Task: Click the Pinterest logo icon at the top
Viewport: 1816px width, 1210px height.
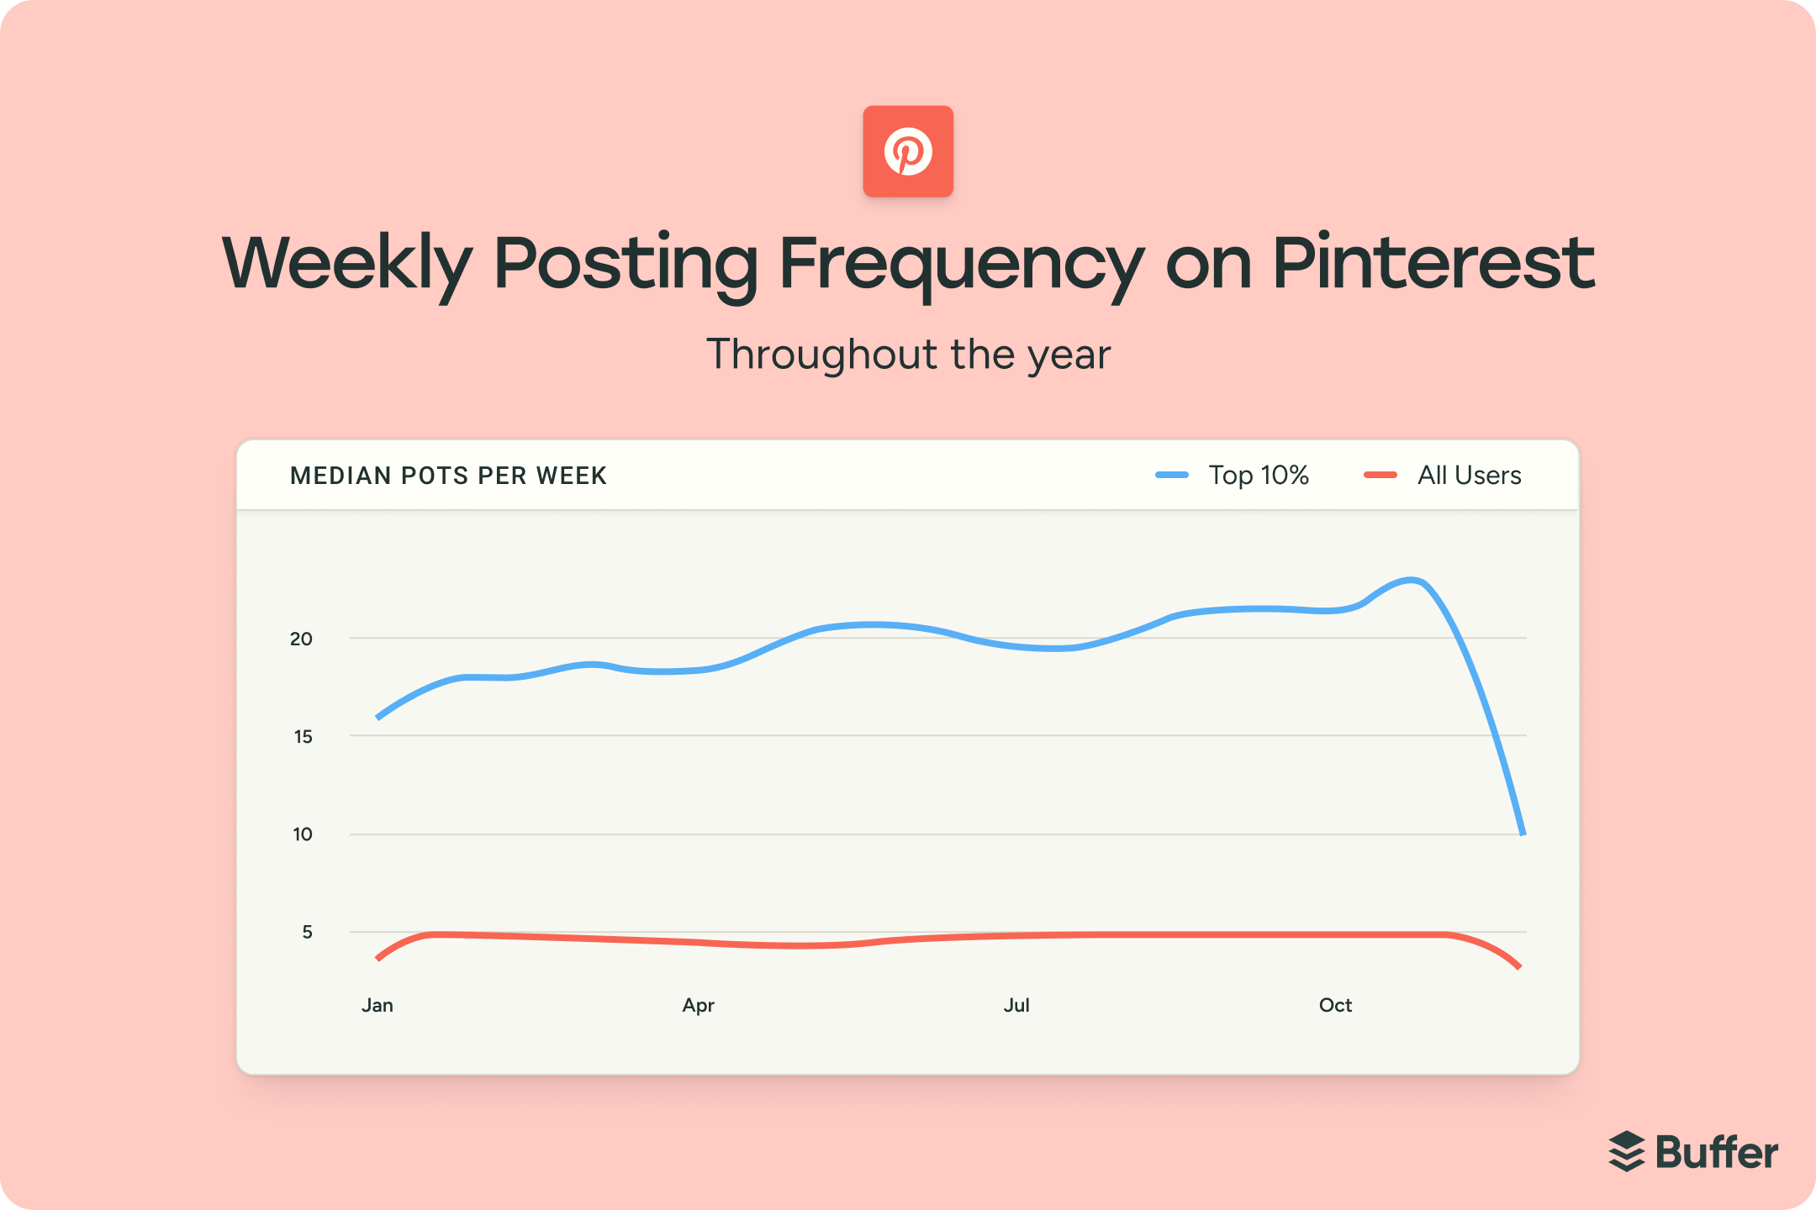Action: [x=908, y=151]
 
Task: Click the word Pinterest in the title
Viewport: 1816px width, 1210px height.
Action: [x=1433, y=263]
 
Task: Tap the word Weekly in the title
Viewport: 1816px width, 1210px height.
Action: [x=346, y=263]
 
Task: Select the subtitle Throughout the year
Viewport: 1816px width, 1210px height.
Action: [x=908, y=355]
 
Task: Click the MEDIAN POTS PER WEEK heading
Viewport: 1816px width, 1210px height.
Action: [x=448, y=476]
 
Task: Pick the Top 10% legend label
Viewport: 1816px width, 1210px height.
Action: [x=1259, y=476]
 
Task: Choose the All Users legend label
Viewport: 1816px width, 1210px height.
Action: [x=1469, y=476]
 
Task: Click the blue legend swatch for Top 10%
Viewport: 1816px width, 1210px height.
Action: [x=1172, y=476]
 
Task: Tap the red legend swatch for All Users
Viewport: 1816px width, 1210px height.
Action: [x=1380, y=476]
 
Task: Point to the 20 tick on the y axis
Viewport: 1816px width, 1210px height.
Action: [x=301, y=639]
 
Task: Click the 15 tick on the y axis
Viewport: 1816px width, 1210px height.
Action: [x=303, y=737]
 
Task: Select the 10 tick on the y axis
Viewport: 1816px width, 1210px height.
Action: [x=303, y=834]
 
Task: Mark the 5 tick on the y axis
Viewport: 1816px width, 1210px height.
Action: [x=307, y=932]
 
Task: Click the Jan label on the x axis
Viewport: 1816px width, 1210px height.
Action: [x=377, y=1006]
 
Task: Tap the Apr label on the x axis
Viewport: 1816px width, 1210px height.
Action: [x=698, y=1006]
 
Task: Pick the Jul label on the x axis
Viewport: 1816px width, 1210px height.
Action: [x=1016, y=1006]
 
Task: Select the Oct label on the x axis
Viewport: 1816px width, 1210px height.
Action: [x=1335, y=1006]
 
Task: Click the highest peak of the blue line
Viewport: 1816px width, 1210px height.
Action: [x=1412, y=580]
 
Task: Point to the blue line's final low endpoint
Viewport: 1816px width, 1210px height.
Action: [x=1523, y=832]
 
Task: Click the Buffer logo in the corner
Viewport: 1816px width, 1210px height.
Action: [x=1693, y=1152]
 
